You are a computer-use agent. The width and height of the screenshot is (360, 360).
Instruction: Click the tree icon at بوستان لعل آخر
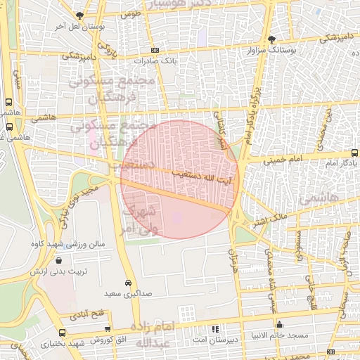[79, 15]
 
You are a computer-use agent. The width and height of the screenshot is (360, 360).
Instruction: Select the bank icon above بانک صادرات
[155, 50]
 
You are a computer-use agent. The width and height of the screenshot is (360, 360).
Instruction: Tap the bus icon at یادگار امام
[355, 152]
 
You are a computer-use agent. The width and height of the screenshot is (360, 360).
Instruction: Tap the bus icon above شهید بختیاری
[62, 333]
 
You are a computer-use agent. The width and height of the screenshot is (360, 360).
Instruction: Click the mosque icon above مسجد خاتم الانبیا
[280, 326]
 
